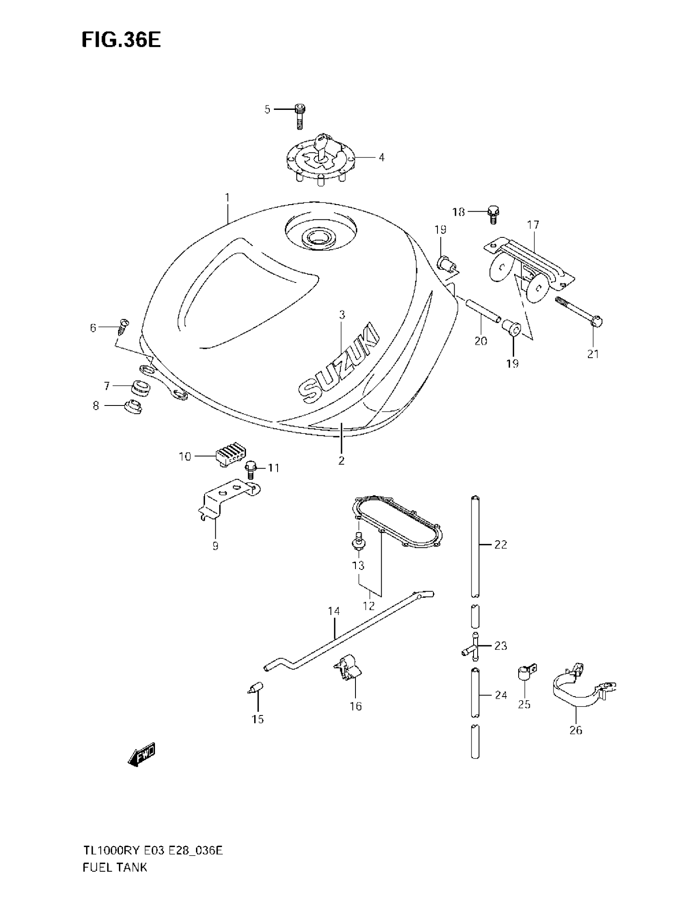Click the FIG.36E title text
click(121, 40)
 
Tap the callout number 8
click(96, 406)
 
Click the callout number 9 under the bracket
click(215, 546)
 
